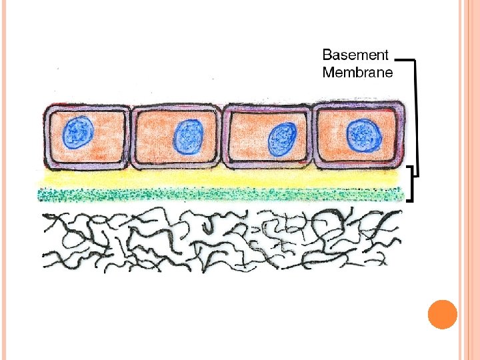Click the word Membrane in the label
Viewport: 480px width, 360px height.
pos(357,72)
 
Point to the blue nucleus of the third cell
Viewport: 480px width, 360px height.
pos(282,139)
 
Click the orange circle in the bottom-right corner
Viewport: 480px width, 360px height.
pos(442,314)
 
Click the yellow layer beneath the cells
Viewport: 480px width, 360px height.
pos(220,179)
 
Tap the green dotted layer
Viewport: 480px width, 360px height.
pos(220,194)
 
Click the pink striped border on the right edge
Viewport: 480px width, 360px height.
pos(469,180)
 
